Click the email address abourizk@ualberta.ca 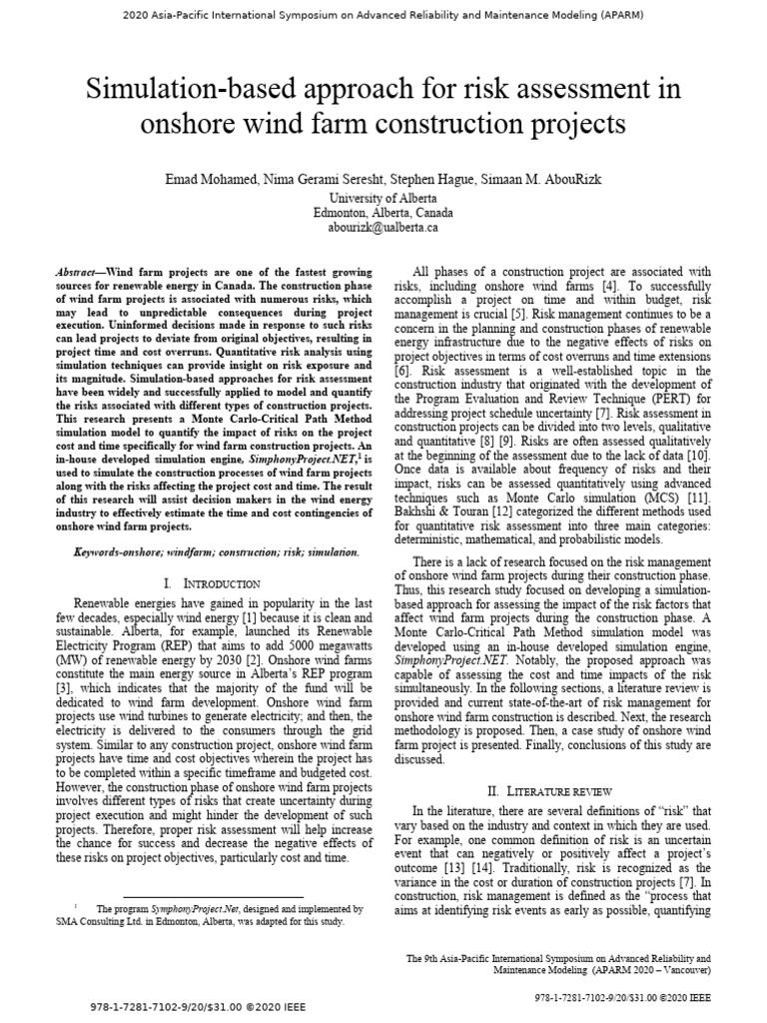click(x=383, y=228)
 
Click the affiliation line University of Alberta click(x=383, y=199)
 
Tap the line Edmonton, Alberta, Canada click(x=383, y=213)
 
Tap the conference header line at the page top click(x=383, y=16)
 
